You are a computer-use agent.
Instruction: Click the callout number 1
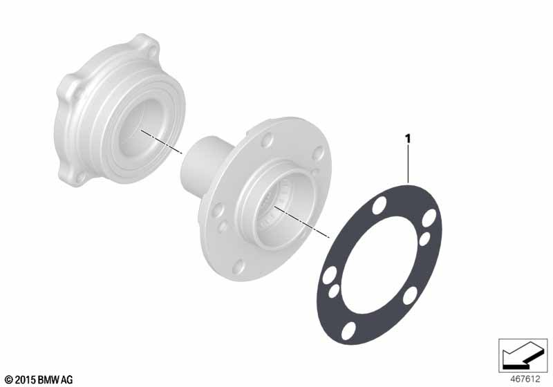(x=409, y=139)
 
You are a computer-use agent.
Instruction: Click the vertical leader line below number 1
(x=409, y=164)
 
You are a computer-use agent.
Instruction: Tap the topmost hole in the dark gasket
(x=379, y=205)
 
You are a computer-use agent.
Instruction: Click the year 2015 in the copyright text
(x=26, y=380)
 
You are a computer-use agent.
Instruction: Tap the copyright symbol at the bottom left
(x=10, y=380)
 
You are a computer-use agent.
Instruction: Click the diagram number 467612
(x=525, y=379)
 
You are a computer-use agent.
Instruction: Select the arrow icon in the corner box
(x=521, y=355)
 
